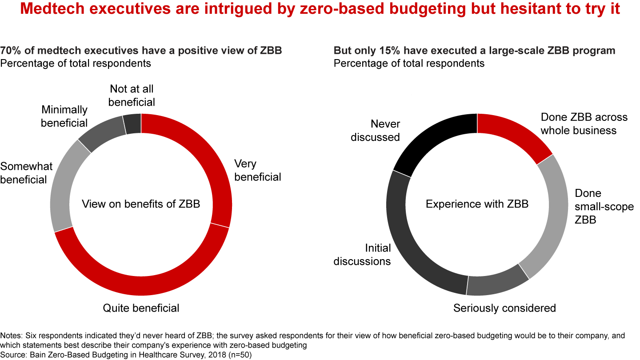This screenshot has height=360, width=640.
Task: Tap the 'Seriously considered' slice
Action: pos(498,280)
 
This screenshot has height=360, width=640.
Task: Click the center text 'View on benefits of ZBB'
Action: pos(141,204)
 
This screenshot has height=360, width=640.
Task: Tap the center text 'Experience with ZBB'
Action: pos(477,204)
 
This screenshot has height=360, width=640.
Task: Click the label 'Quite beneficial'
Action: pos(141,308)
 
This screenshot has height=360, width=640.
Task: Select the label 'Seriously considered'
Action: pos(504,308)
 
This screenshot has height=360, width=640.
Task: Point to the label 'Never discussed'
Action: pos(376,130)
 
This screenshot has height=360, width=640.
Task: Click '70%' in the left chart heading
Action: pos(10,51)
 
